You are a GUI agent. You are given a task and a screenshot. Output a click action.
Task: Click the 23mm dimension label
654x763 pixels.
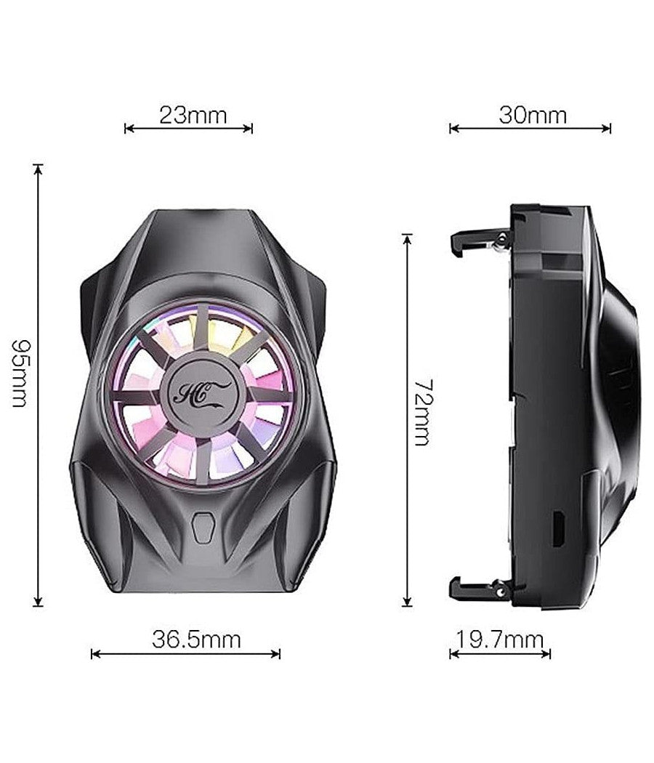(193, 115)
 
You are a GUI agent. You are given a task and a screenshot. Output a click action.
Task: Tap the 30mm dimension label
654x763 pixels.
(533, 115)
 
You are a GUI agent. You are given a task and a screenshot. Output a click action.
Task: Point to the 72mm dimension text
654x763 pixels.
(421, 412)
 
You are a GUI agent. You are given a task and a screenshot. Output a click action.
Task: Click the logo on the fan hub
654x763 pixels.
(201, 393)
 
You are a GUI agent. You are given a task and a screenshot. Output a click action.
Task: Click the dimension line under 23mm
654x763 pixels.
(189, 129)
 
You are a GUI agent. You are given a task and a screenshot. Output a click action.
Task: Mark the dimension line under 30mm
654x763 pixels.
(530, 129)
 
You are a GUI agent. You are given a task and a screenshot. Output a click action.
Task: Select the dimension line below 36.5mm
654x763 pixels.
(185, 654)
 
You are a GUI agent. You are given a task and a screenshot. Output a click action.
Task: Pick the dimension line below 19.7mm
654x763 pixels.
(500, 654)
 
